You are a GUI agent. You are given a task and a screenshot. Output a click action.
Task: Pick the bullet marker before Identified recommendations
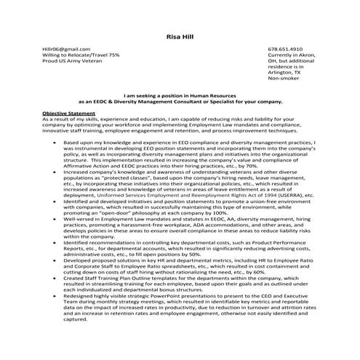pyautogui.click(x=55, y=243)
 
